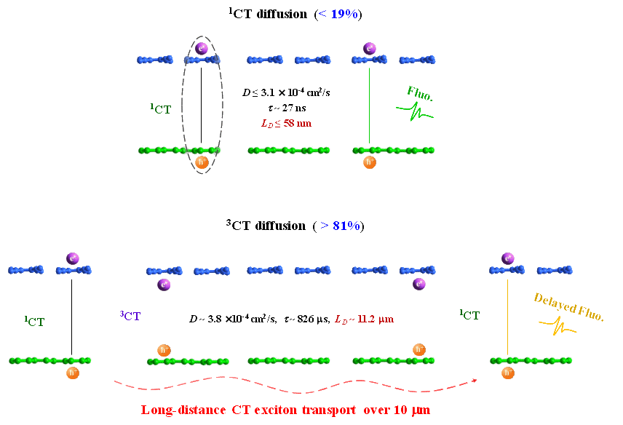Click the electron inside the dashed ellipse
[202, 49]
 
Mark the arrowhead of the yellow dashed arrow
[475, 380]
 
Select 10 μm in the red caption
[412, 410]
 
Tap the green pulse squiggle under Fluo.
[415, 113]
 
